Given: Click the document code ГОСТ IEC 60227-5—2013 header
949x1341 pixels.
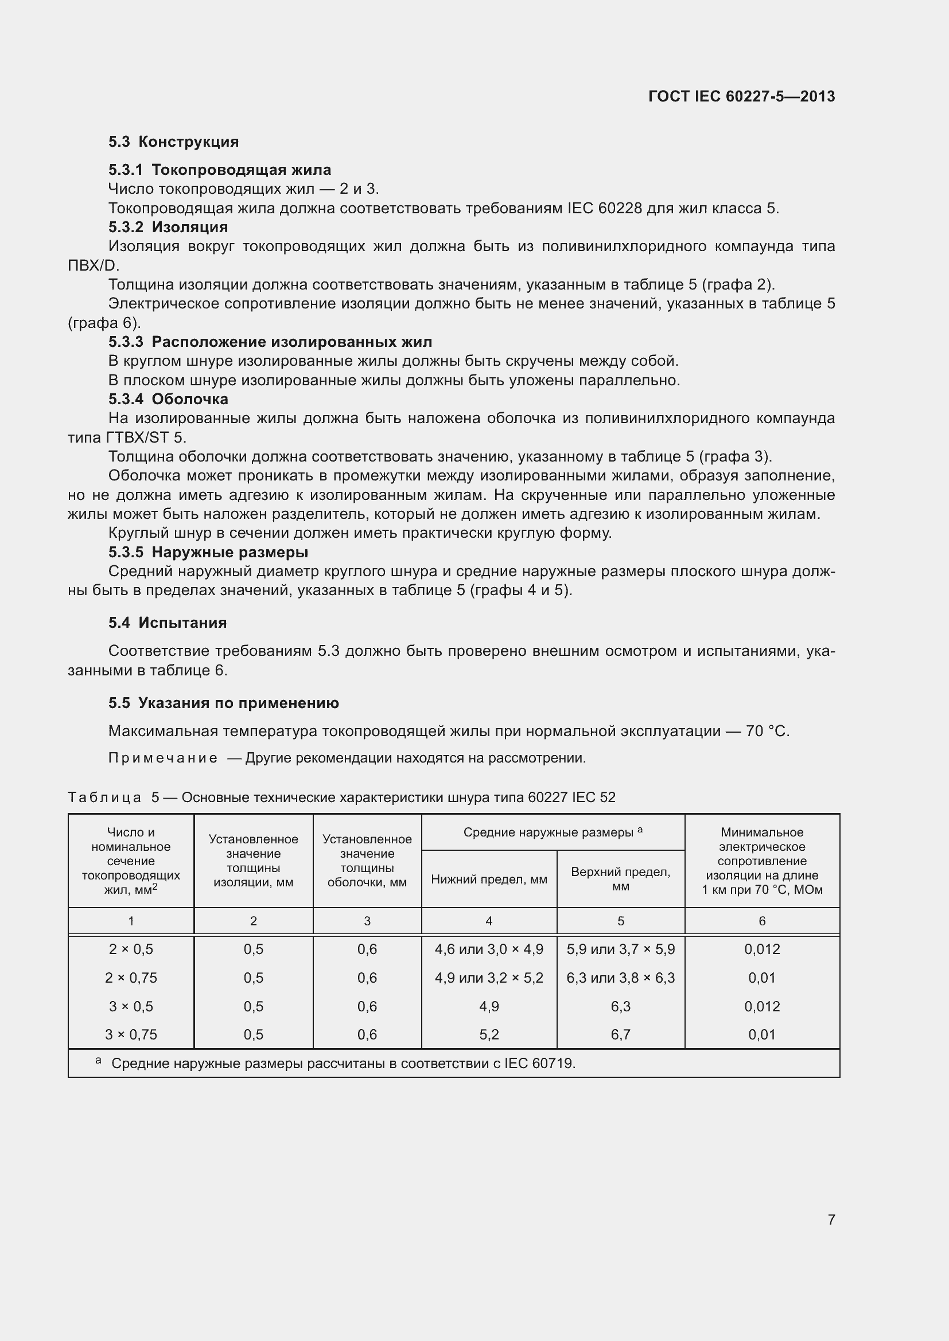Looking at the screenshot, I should (741, 96).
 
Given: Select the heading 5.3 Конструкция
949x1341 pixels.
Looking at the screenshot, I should (173, 142).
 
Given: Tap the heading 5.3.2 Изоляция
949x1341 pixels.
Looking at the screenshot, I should (168, 227).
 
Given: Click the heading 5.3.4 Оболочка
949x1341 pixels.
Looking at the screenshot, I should (168, 400).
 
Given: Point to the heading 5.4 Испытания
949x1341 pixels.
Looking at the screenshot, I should (167, 623).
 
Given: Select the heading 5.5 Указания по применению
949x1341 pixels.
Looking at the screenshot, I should (223, 703).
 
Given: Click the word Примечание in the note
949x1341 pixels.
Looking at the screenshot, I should (162, 758).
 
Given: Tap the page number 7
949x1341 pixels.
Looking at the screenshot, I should (831, 1219).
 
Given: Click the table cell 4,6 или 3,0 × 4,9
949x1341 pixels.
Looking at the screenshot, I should (488, 949).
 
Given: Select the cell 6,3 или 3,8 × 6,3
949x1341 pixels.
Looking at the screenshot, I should (620, 978).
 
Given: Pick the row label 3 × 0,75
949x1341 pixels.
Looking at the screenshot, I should (131, 1035).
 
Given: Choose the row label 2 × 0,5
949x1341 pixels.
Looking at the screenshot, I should (131, 949).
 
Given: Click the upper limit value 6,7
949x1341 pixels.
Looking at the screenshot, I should (620, 1035).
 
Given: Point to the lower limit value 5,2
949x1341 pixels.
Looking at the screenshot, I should (488, 1035).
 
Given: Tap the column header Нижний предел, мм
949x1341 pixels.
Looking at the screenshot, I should (488, 879).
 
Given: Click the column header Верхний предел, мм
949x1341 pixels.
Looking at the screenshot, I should (620, 879).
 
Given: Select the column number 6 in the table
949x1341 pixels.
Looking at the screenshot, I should (761, 922).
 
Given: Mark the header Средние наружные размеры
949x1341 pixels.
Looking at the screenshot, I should (548, 832).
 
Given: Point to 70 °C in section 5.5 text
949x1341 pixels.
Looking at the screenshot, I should (767, 731).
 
